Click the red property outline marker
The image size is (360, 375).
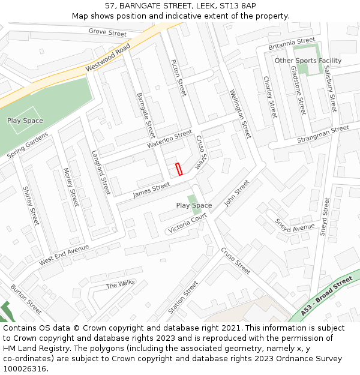pyautogui.click(x=178, y=170)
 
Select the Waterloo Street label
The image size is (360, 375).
pyautogui.click(x=170, y=139)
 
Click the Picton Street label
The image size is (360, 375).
pyautogui.click(x=179, y=77)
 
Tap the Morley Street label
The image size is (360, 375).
pyautogui.click(x=71, y=187)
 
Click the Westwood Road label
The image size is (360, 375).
pyautogui.click(x=108, y=58)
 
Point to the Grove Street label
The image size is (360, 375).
pyautogui.click(x=107, y=32)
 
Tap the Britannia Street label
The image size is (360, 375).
pyautogui.click(x=292, y=43)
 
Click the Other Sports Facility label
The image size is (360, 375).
pyautogui.click(x=308, y=61)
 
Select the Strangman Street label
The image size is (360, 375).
pyautogui.click(x=323, y=134)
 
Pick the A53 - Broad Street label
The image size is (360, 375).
pyautogui.click(x=326, y=296)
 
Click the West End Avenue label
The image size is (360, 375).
pyautogui.click(x=64, y=255)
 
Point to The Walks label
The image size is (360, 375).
pyautogui.click(x=121, y=284)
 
